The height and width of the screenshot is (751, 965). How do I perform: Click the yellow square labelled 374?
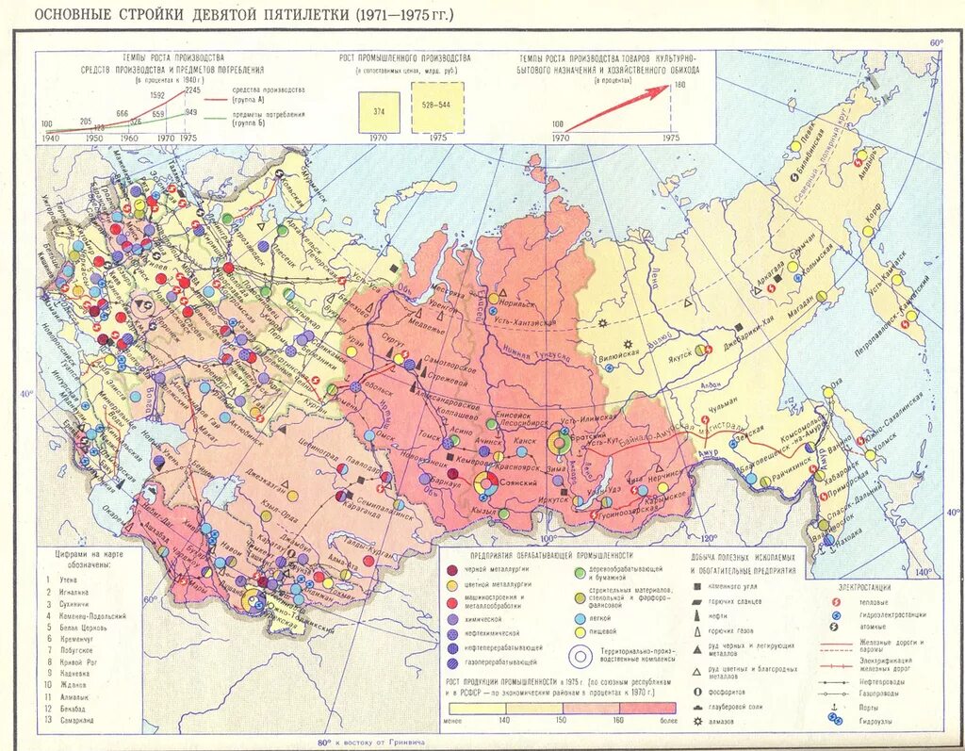pos(378,110)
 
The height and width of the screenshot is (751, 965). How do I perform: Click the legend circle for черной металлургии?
pos(454,570)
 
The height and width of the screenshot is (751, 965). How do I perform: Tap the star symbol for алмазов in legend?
pos(695,721)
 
